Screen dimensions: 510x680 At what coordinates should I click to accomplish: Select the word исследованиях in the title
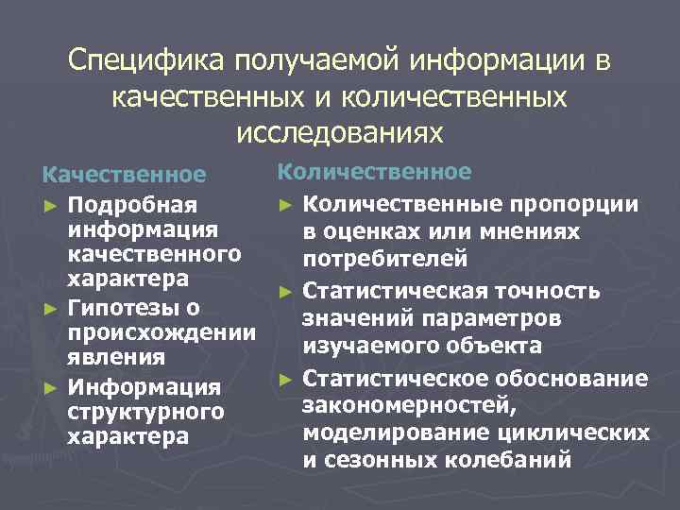click(339, 132)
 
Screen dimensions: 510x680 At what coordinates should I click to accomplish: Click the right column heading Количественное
click(374, 171)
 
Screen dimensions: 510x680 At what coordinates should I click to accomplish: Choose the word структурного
click(145, 412)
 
